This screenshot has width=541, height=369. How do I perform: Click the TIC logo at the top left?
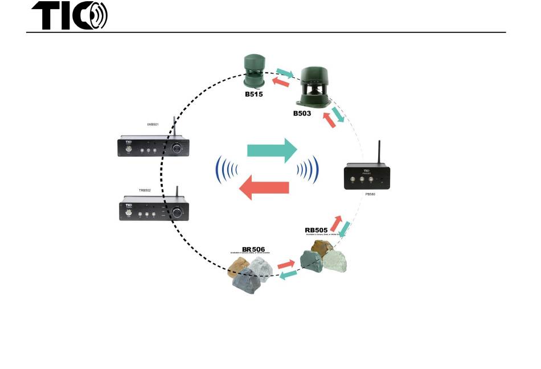click(x=69, y=15)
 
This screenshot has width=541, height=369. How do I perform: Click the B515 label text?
click(x=254, y=94)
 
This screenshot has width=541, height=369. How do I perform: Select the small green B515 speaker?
click(x=253, y=71)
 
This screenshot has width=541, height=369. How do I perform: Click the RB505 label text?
click(x=316, y=231)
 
